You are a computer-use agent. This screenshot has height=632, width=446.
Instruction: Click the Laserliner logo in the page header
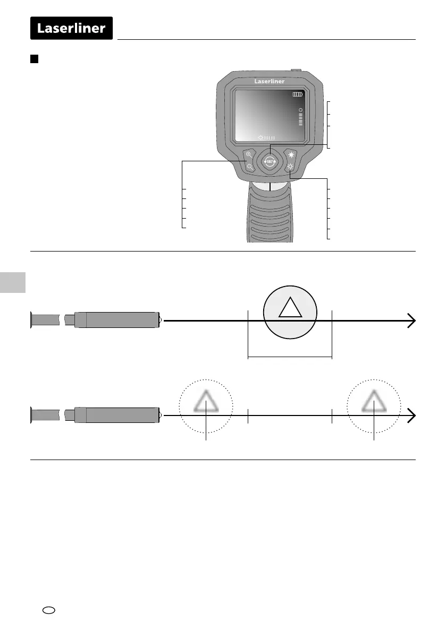click(x=71, y=28)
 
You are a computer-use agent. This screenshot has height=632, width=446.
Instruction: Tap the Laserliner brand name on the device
click(x=270, y=82)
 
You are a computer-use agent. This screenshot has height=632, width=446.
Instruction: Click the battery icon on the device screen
click(x=298, y=94)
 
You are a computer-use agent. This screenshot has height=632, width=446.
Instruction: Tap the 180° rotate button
click(x=270, y=161)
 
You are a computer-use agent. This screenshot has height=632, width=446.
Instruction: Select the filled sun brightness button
click(x=291, y=154)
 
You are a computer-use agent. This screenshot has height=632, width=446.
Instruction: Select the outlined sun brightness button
click(x=290, y=167)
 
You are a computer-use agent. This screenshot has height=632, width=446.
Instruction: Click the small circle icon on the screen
click(x=300, y=110)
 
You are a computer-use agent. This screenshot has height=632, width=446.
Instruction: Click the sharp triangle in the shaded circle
click(x=290, y=308)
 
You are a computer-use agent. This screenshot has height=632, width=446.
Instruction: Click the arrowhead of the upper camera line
click(x=411, y=321)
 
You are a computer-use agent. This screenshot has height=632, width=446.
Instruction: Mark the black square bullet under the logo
click(x=33, y=58)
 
